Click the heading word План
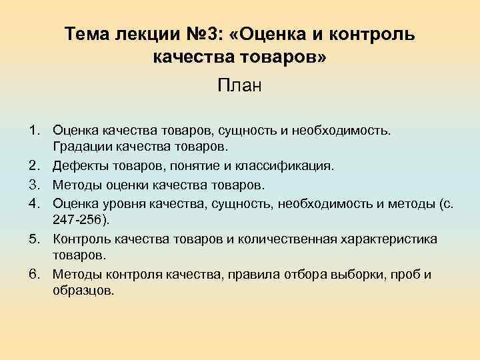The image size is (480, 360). click(240, 85)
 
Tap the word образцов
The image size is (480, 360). click(83, 291)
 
